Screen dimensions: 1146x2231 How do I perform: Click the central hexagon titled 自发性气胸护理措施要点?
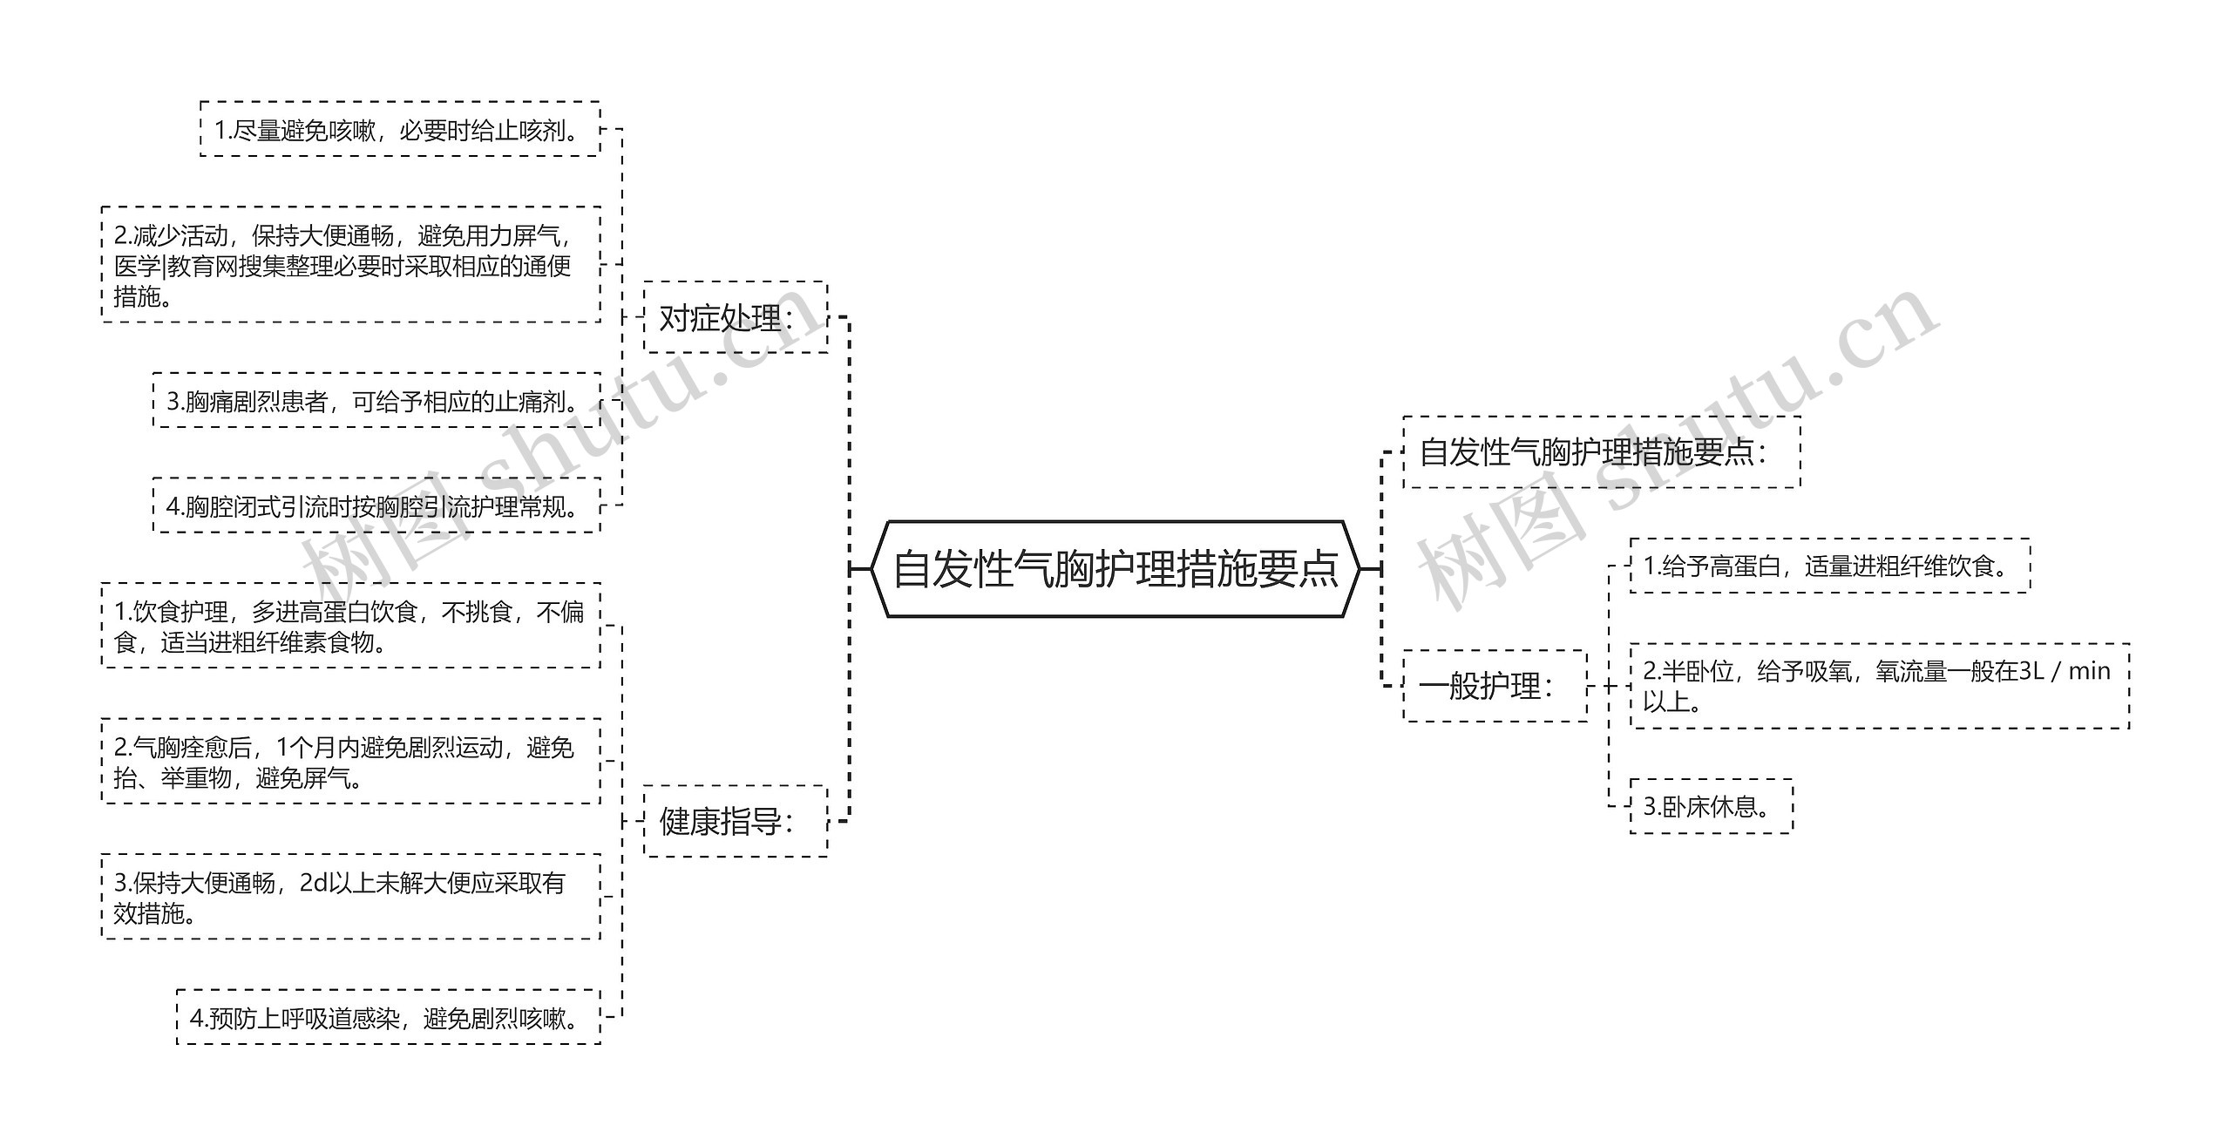(x=1115, y=569)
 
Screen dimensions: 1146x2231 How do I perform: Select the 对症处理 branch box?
(x=735, y=317)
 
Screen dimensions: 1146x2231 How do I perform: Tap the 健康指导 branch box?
(x=735, y=821)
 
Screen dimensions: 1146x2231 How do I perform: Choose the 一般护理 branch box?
(x=1494, y=686)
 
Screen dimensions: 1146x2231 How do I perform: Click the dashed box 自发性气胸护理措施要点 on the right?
(x=1600, y=451)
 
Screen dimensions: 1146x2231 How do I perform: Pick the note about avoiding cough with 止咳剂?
(x=399, y=130)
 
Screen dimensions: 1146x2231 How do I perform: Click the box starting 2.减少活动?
(x=350, y=265)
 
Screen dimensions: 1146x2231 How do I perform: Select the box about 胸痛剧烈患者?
(x=376, y=401)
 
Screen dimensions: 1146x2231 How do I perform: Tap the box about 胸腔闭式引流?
(x=376, y=505)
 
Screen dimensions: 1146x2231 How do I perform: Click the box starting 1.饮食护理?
(x=350, y=626)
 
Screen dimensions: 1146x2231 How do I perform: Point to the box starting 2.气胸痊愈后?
(x=350, y=762)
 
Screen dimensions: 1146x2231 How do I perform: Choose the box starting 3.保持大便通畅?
(x=350, y=897)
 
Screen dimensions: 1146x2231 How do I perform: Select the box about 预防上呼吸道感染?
(x=389, y=1017)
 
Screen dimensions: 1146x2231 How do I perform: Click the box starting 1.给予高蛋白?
(x=1828, y=566)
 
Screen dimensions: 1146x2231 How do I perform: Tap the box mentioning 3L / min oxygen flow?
(x=1878, y=686)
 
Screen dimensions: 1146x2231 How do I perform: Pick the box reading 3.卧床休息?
(x=1710, y=806)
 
